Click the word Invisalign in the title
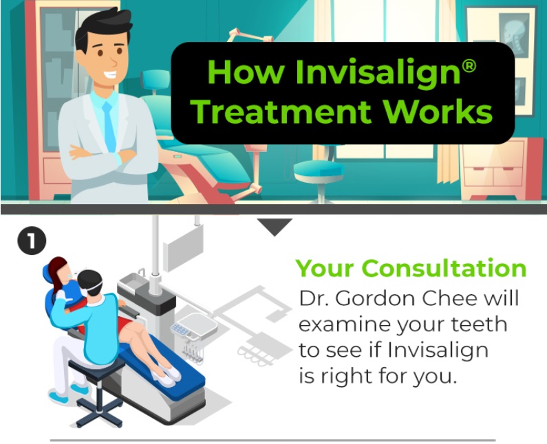click(x=378, y=73)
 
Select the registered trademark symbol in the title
click(x=469, y=66)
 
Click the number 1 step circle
click(x=32, y=241)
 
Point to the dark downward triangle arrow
click(x=275, y=226)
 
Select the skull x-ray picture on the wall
click(x=513, y=35)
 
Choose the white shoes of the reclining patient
click(x=167, y=376)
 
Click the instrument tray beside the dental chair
click(x=193, y=326)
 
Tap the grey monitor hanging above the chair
click(x=183, y=247)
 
